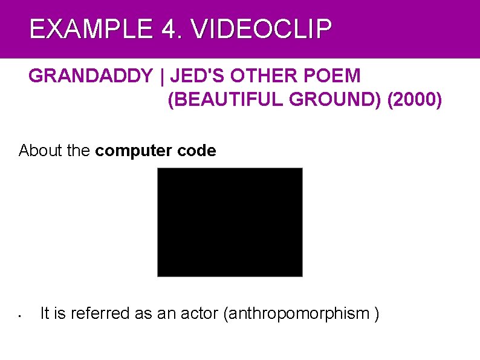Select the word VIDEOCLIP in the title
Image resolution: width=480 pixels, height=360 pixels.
pyautogui.click(x=262, y=29)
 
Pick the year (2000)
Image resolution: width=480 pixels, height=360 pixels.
pyautogui.click(x=416, y=100)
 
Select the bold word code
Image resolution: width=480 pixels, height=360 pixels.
pyautogui.click(x=196, y=151)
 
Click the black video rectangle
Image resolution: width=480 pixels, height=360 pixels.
pyautogui.click(x=230, y=222)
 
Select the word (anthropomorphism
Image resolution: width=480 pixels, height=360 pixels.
pyautogui.click(x=296, y=313)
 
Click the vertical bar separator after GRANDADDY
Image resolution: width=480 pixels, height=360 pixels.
pyautogui.click(x=161, y=76)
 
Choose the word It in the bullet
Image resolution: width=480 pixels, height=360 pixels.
pyautogui.click(x=44, y=313)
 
